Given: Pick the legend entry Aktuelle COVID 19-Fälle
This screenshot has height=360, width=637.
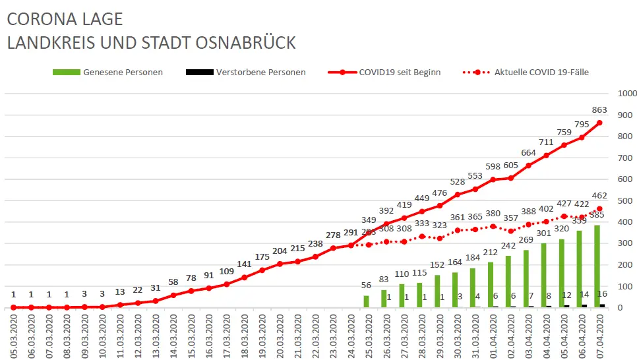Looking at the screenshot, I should (x=541, y=73).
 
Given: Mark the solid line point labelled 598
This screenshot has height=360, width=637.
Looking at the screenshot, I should (x=492, y=179).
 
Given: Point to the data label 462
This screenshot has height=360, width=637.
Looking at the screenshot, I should (x=599, y=196).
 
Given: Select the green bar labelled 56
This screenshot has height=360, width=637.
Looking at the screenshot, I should (x=367, y=301).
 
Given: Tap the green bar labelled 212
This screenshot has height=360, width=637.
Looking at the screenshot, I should (x=491, y=285).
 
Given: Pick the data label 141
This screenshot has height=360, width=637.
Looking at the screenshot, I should (x=244, y=264).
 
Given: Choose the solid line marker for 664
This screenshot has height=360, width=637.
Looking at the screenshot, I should (x=528, y=165).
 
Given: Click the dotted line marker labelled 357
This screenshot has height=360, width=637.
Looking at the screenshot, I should (x=510, y=231).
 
